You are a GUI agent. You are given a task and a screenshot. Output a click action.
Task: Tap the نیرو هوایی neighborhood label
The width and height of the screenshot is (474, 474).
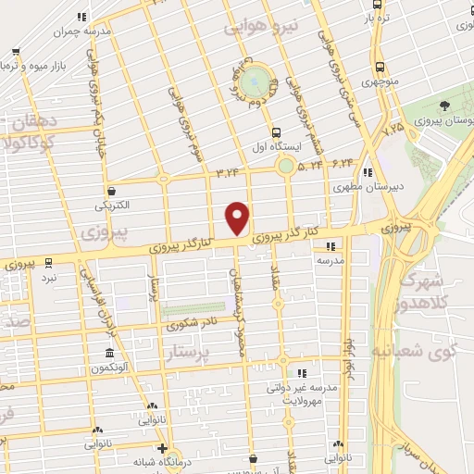pos(261,29)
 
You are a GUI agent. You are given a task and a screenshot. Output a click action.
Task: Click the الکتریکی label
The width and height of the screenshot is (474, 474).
pos(111,205)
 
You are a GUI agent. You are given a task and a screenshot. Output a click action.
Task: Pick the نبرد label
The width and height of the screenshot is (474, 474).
pos(49,278)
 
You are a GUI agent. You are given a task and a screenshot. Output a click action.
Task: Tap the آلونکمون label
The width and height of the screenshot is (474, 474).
pos(110,368)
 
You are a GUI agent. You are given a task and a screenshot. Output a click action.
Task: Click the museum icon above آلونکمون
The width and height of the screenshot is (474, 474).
pos(110,354)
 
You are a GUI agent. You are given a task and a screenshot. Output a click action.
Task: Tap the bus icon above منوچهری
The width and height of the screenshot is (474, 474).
pos(380,67)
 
